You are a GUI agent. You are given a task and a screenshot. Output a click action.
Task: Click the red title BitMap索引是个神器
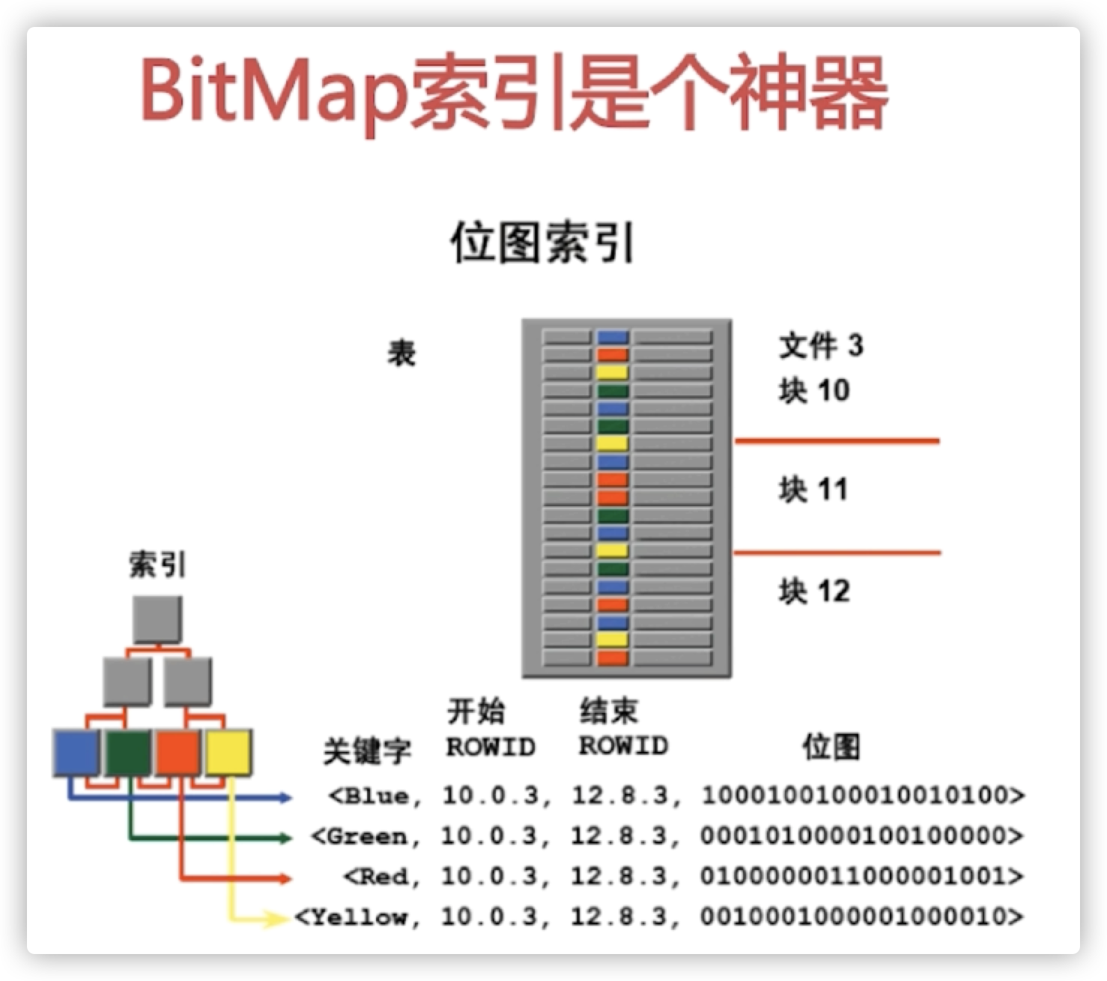[x=514, y=94]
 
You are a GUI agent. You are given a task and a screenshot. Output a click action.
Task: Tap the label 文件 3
[x=821, y=346]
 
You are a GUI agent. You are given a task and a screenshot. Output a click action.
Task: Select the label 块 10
[x=813, y=391]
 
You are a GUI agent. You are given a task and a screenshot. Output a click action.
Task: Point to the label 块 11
[x=813, y=490]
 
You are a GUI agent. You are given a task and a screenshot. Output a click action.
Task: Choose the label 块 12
[x=813, y=592]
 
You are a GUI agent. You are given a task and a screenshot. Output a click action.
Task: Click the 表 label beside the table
[x=401, y=353]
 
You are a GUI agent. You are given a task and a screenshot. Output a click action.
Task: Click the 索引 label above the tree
[x=157, y=565]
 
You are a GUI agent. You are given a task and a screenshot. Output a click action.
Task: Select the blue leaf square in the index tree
[x=76, y=753]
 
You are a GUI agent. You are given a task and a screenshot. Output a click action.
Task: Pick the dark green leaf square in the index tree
[x=127, y=753]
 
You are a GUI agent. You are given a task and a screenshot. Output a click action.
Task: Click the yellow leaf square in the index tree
[x=228, y=753]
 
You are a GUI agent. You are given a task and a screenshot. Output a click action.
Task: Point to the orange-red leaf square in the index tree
[x=178, y=753]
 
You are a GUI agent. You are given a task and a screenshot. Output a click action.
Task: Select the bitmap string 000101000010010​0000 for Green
[x=860, y=836]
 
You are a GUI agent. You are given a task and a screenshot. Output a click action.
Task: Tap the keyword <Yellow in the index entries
[x=352, y=917]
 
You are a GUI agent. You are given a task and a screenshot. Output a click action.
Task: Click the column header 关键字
[x=367, y=750]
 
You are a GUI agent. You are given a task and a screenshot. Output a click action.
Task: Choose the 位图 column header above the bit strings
[x=831, y=747]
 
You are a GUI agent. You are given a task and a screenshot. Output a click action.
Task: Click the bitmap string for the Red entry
[x=860, y=876]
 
